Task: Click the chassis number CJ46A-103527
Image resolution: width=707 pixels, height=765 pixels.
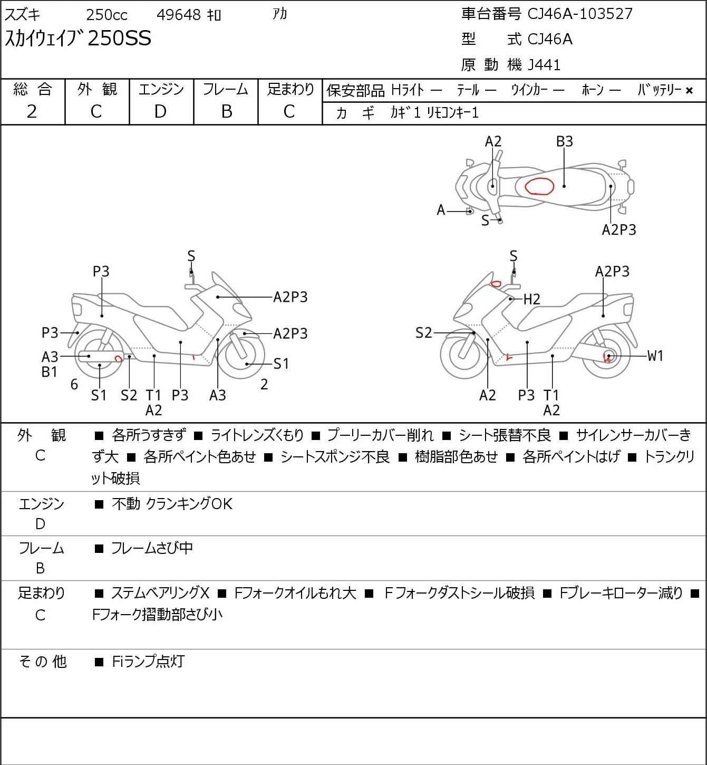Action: [x=579, y=14]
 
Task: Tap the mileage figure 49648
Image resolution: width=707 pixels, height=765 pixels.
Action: [x=178, y=15]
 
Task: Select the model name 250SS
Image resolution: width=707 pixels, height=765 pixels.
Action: [x=119, y=38]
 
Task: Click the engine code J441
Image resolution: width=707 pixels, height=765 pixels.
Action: [x=544, y=65]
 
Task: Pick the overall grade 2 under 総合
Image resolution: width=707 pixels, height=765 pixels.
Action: [x=32, y=112]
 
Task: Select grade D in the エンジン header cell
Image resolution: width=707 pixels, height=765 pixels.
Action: [x=160, y=112]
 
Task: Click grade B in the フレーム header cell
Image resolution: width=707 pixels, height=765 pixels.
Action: [x=226, y=112]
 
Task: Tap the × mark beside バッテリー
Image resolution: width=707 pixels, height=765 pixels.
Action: [x=689, y=91]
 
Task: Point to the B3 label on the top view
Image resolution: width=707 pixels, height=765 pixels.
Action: [x=564, y=142]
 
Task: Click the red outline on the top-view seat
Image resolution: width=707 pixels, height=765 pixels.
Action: [x=539, y=186]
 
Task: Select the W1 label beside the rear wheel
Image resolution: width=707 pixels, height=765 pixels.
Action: [x=655, y=356]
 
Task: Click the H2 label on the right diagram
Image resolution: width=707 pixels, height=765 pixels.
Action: [x=532, y=299]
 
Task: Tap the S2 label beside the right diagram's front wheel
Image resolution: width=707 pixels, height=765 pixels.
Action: [x=423, y=333]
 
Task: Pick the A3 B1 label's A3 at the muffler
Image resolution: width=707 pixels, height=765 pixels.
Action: [x=50, y=357]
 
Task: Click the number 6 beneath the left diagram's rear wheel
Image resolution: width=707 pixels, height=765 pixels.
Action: [x=74, y=385]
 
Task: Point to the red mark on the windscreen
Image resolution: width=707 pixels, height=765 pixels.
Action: [x=496, y=284]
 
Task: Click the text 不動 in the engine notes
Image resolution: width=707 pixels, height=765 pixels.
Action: [x=126, y=504]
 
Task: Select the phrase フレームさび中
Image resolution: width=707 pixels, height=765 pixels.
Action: [x=152, y=548]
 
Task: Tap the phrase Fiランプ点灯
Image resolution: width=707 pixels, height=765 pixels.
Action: [x=148, y=662]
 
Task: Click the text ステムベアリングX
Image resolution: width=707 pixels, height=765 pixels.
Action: [x=160, y=593]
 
